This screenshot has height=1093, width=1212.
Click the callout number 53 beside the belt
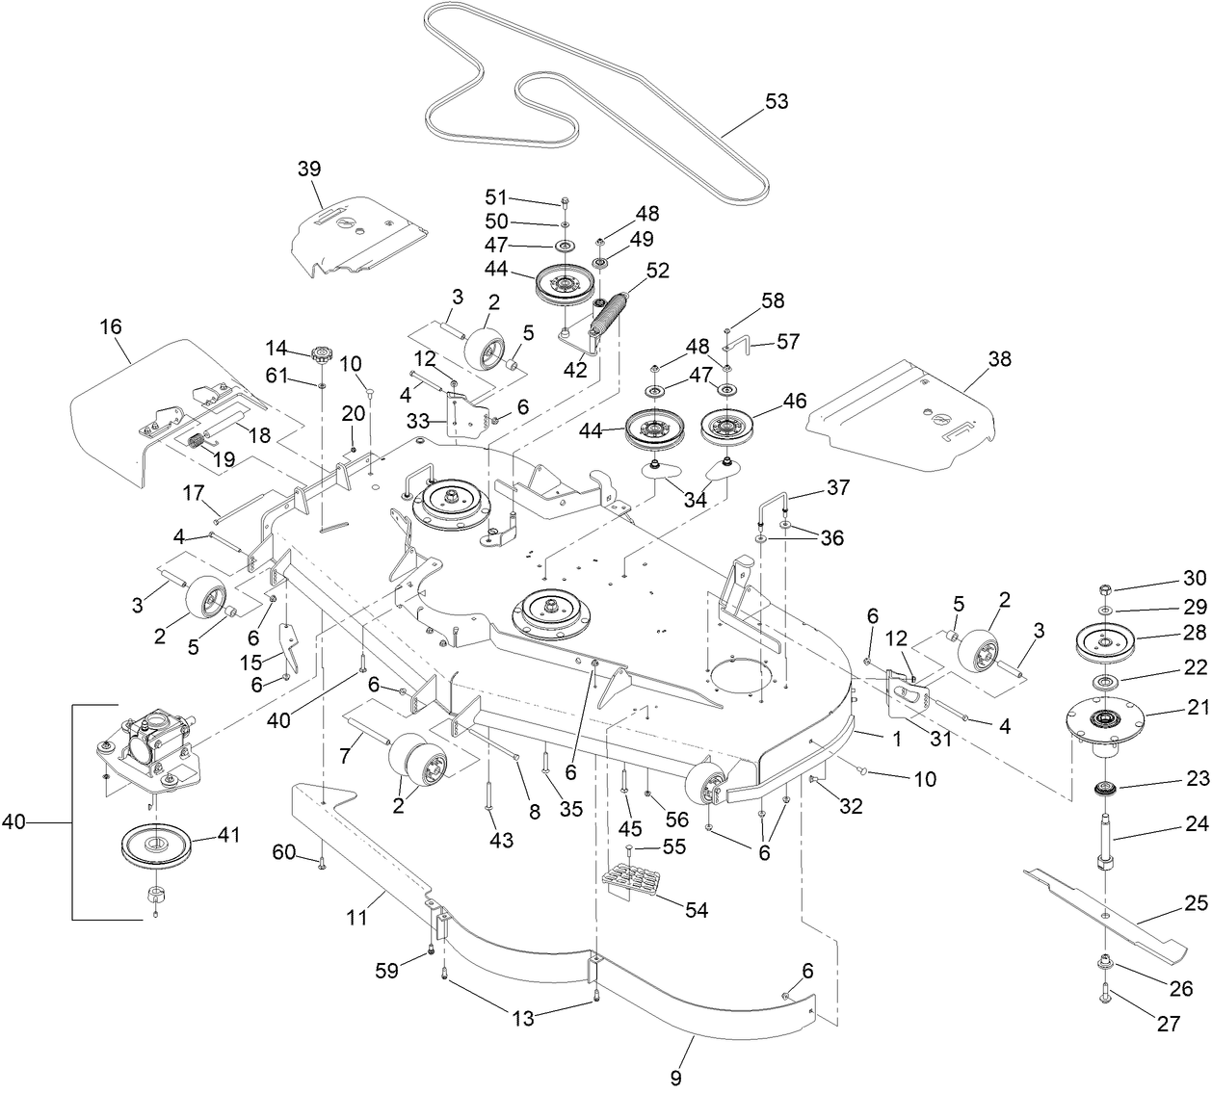(776, 102)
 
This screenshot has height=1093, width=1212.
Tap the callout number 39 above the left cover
(308, 169)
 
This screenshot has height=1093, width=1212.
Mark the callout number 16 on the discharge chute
(111, 327)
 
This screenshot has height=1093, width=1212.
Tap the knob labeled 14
(319, 354)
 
